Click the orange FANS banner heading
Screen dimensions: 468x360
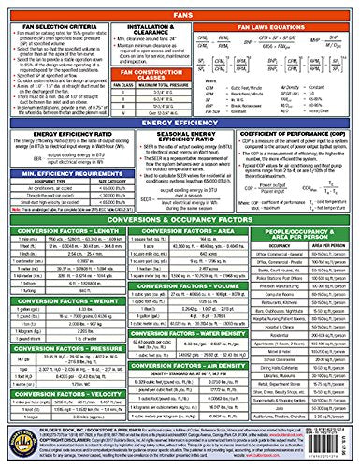point(180,7)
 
